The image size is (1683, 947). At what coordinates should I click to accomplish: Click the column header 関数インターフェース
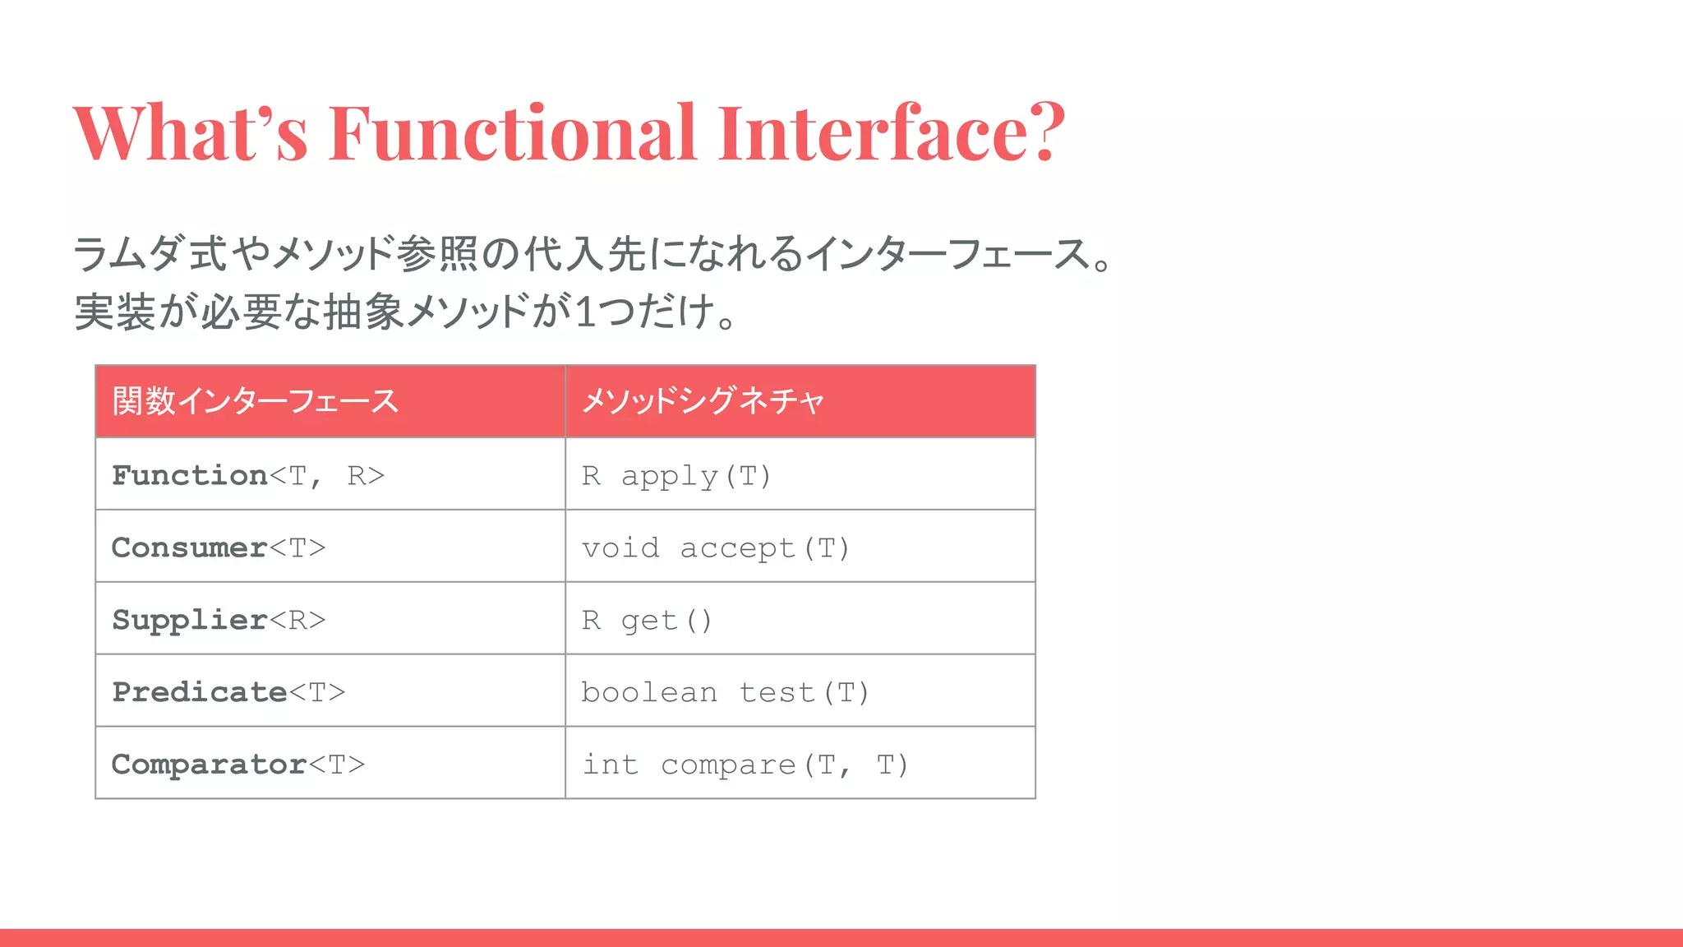256,401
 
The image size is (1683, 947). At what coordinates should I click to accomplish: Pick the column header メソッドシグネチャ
703,401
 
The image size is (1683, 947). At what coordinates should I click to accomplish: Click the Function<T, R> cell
248,475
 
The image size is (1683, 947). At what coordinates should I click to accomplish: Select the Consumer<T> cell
219,547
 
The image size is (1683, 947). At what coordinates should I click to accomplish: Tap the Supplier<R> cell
219,620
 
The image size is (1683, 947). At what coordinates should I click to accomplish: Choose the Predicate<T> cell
228,692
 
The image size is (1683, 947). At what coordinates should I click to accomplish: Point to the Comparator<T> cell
238,765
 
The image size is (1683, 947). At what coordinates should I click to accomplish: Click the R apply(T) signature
676,476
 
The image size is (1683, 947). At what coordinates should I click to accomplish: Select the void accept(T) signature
716,548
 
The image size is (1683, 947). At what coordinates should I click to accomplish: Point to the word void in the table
620,548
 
